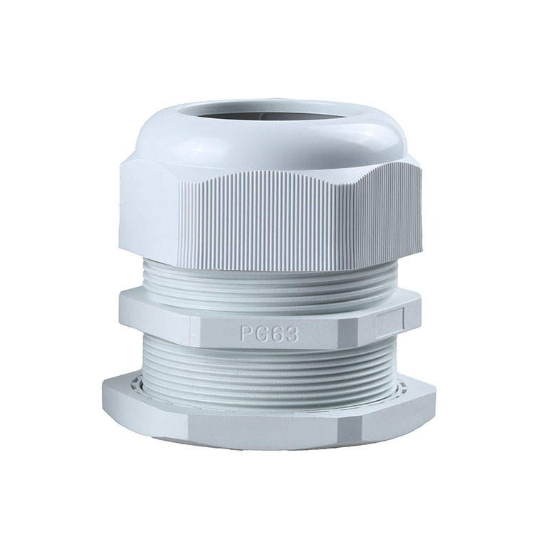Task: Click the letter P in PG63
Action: pyautogui.click(x=247, y=334)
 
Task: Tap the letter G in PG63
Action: pyautogui.click(x=262, y=334)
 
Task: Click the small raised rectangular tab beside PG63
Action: pyautogui.click(x=389, y=323)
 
